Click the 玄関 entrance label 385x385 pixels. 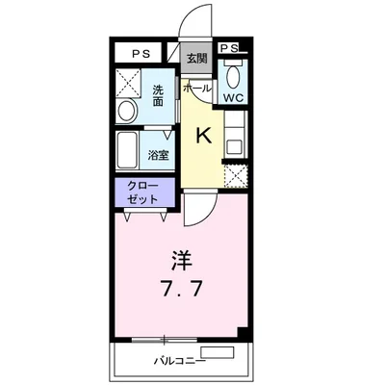point(196,58)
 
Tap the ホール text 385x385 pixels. point(197,88)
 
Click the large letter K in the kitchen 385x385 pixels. point(204,136)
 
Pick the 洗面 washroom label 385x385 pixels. point(159,96)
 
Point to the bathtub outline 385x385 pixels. point(129,152)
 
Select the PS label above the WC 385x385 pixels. point(229,48)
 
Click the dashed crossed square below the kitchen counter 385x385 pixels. point(236,175)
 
